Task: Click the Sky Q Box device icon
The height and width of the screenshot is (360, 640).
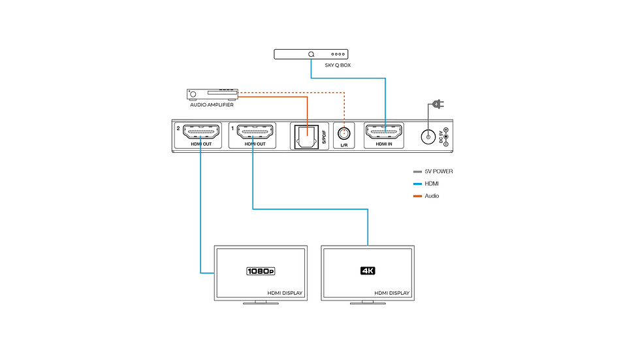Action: tap(310, 55)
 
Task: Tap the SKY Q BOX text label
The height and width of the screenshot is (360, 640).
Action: tap(338, 66)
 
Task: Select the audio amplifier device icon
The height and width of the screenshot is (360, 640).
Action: tap(212, 94)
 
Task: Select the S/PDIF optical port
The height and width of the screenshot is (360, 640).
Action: tap(305, 137)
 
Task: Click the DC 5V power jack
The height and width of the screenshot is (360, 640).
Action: tap(428, 137)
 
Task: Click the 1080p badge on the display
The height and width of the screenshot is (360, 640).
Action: tap(261, 270)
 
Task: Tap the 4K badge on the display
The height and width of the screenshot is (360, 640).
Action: tap(368, 270)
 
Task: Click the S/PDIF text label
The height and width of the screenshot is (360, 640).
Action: tap(323, 137)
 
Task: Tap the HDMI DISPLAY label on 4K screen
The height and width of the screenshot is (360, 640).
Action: tap(392, 293)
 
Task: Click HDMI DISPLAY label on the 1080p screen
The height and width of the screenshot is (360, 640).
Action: tap(285, 293)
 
